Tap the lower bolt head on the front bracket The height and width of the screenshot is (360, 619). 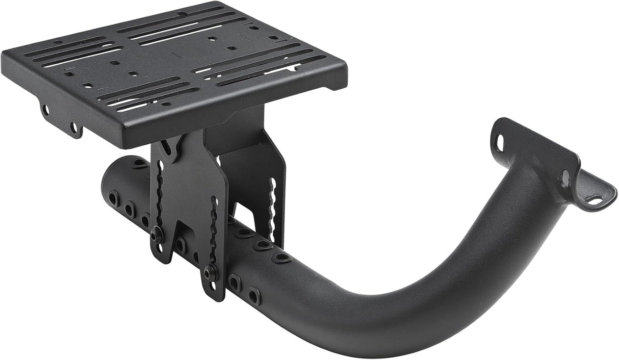(x=209, y=273)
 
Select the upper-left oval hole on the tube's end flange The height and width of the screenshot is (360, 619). (x=500, y=142)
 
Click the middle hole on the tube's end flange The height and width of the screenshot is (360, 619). (x=565, y=177)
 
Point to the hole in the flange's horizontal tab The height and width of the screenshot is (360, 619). (x=595, y=200)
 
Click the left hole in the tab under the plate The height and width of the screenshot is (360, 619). (x=46, y=110)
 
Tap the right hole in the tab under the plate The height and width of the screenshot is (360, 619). (x=74, y=127)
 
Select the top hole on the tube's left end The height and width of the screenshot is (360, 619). (x=138, y=164)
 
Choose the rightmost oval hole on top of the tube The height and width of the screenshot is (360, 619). (x=281, y=258)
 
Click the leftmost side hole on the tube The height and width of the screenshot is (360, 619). (x=113, y=198)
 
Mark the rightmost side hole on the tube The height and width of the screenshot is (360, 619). (x=253, y=296)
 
